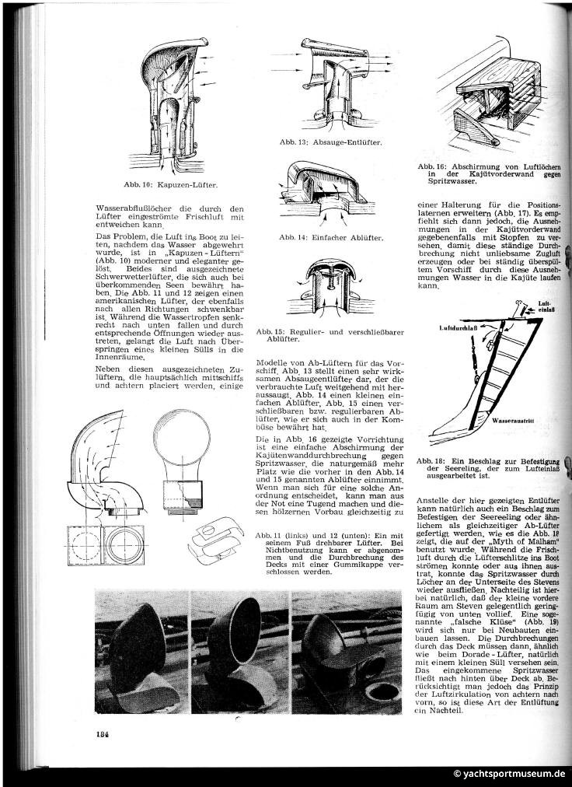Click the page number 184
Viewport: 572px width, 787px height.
click(x=102, y=733)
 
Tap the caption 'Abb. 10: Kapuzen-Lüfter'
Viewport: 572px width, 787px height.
click(x=170, y=184)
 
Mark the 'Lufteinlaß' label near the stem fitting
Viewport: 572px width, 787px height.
click(x=548, y=307)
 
